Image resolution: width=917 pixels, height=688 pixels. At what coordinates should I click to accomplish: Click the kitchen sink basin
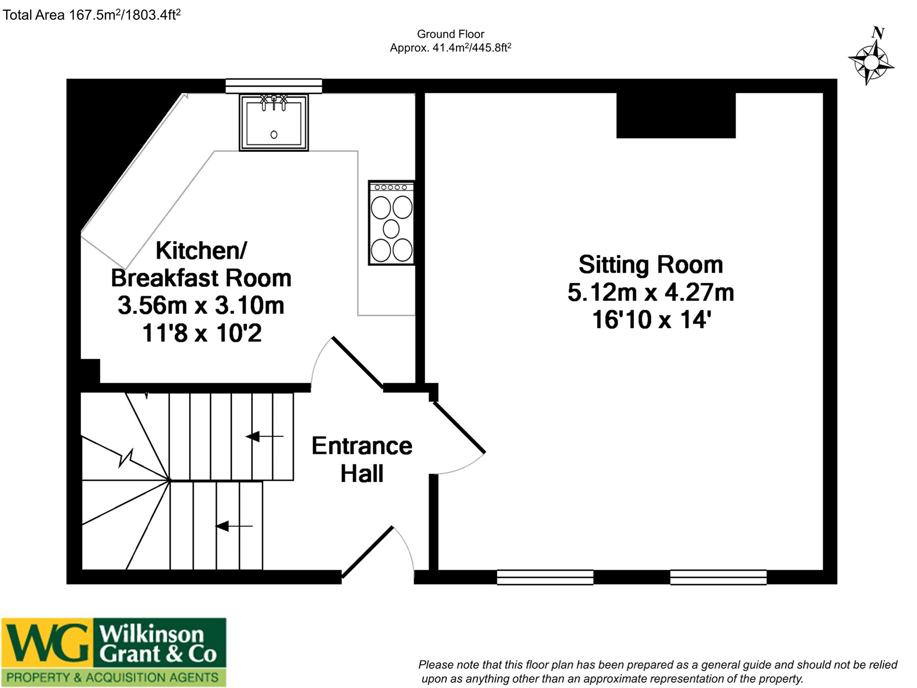pos(274,123)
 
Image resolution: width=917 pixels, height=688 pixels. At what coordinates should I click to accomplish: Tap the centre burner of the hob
pos(391,229)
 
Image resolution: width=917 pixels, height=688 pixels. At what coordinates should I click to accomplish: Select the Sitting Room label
pos(651,264)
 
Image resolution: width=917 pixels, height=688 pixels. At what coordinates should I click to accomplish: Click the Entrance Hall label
pos(362,460)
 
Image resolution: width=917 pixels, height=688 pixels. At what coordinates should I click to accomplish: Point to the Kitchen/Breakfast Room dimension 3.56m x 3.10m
pos(201,305)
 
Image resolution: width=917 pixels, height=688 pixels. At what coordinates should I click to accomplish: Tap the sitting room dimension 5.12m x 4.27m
pos(651,293)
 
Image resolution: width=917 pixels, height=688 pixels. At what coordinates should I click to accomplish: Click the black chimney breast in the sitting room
pos(676,115)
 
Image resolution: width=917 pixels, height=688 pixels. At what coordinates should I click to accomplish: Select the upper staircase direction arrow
pos(264,436)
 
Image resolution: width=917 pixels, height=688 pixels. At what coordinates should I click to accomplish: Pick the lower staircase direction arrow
pos(234,526)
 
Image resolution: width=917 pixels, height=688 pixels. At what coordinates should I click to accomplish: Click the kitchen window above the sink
pos(274,86)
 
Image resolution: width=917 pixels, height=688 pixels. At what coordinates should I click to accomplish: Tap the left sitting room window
pos(545,577)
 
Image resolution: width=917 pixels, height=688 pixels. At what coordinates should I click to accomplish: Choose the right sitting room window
pos(718,577)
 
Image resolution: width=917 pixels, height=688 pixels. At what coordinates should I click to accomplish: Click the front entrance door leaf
pos(367,552)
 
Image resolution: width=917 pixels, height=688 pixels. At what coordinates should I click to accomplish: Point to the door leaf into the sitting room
pos(459,427)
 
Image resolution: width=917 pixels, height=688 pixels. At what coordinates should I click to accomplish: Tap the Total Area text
pos(92,14)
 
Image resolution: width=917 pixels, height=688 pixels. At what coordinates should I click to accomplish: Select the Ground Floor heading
pos(450,34)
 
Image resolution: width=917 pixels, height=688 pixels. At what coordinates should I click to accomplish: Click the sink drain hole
pos(274,135)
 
